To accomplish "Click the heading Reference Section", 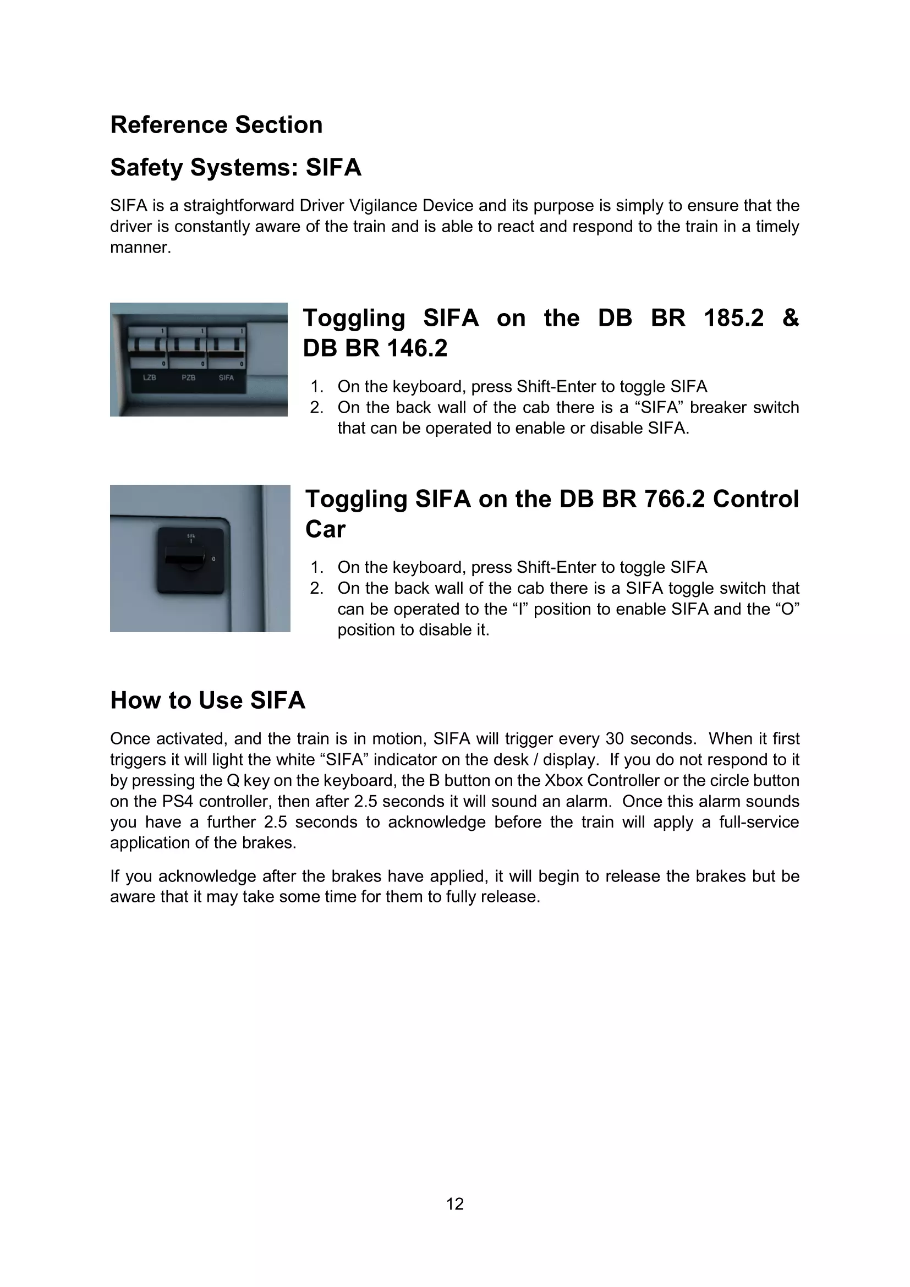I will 216,125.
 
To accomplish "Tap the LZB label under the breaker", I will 150,378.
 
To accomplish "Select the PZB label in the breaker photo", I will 188,378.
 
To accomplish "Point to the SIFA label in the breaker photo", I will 226,378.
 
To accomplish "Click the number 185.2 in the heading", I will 733,319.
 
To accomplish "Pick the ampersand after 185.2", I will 790,319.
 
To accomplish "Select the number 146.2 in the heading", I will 416,349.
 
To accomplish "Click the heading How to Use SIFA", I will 207,700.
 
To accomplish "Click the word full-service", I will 759,822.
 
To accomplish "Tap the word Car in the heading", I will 325,530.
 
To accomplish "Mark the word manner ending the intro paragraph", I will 140,248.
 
